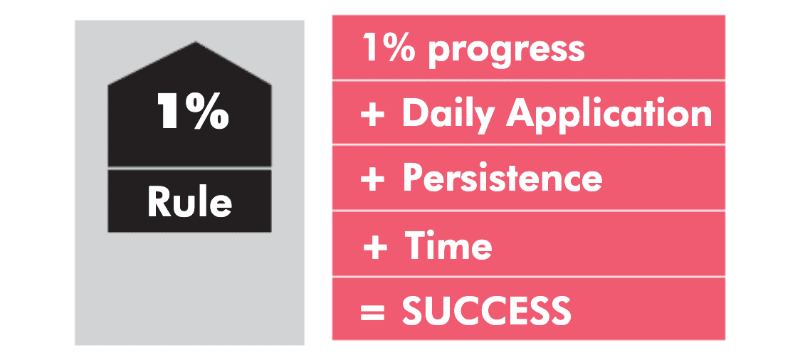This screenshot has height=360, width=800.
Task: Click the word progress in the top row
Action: click(x=506, y=51)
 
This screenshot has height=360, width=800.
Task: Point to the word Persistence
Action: click(x=502, y=177)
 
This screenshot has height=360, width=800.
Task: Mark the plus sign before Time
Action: click(x=375, y=248)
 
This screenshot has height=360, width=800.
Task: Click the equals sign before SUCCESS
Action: click(x=372, y=312)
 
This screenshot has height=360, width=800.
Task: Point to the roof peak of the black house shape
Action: click(x=196, y=42)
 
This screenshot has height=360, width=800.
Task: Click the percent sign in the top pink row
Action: click(x=403, y=48)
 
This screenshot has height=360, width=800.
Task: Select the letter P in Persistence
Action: click(x=413, y=177)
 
